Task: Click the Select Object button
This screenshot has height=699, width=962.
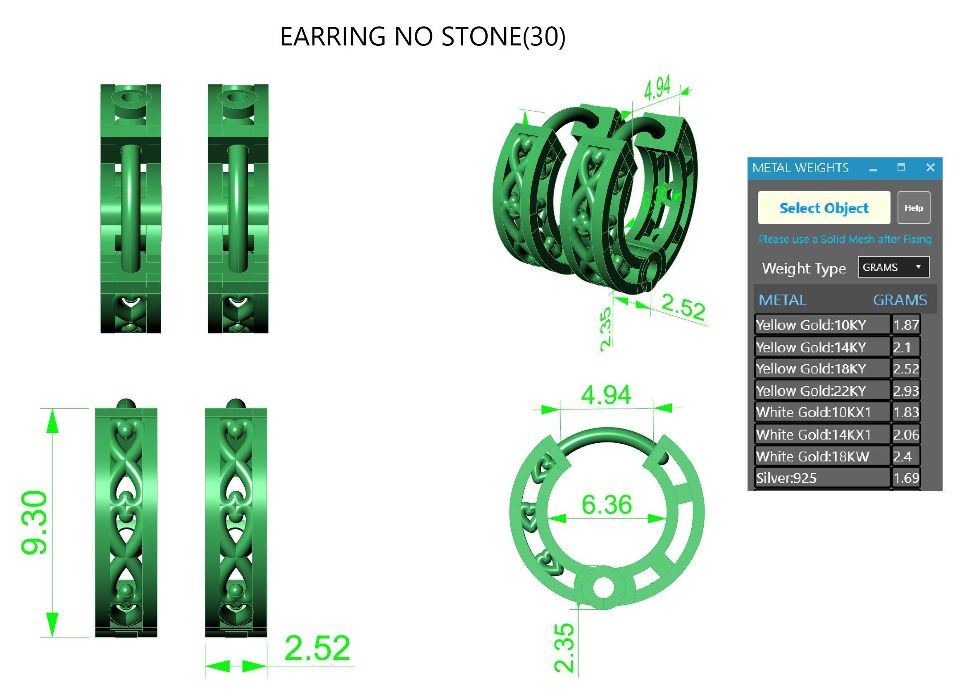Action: click(824, 208)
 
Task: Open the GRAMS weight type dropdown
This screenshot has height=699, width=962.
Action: click(893, 267)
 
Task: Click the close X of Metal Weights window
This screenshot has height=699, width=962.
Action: click(930, 168)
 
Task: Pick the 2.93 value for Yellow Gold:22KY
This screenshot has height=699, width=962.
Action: click(905, 390)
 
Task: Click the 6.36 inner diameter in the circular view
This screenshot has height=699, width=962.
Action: click(607, 504)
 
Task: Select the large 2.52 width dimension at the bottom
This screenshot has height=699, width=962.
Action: click(317, 648)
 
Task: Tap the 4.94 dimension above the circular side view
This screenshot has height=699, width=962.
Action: click(606, 395)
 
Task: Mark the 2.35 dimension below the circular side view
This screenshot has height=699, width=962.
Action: click(564, 647)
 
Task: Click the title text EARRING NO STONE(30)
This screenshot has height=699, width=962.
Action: click(423, 36)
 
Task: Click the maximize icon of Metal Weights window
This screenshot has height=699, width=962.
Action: click(901, 168)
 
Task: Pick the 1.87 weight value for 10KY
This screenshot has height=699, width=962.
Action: click(905, 325)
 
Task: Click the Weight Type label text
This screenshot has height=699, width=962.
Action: click(804, 268)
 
